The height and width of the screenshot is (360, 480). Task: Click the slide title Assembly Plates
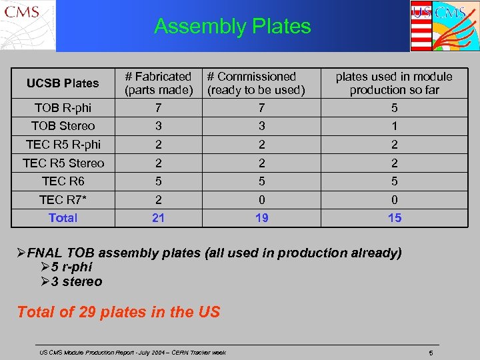[232, 26]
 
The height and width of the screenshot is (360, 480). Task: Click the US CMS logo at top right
[443, 25]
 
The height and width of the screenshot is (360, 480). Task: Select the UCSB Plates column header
[63, 83]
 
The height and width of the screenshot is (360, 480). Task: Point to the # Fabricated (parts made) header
[159, 83]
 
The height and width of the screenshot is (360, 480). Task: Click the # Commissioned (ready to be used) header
[256, 83]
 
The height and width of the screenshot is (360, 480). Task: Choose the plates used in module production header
[394, 83]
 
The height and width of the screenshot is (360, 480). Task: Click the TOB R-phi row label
[63, 107]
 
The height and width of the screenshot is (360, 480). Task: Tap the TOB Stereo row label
[63, 126]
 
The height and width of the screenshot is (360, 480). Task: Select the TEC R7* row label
[63, 199]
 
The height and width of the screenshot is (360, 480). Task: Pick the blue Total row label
[63, 218]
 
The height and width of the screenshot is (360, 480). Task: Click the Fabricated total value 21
[159, 218]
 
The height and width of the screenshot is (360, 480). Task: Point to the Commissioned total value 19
[262, 218]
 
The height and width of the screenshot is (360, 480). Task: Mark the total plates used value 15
[395, 218]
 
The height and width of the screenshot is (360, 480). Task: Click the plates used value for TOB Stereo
[395, 126]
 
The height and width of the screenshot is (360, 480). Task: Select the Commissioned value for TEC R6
[262, 181]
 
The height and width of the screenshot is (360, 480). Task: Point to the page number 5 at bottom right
[431, 352]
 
